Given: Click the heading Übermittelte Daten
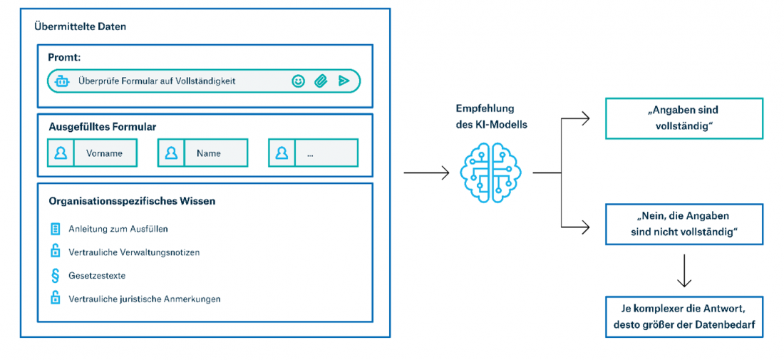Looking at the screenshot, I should click(81, 26).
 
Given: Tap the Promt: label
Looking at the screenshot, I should click(64, 57).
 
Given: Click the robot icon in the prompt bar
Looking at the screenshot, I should click(62, 81).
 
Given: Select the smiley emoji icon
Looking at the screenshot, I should click(299, 81).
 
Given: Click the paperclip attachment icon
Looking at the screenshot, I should click(321, 81).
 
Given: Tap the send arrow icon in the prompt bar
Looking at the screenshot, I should click(344, 81).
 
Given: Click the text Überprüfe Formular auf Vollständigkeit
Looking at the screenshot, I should click(157, 81).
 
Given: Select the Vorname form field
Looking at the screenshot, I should click(104, 153).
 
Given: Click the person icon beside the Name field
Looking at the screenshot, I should click(171, 153).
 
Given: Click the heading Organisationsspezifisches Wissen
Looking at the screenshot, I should click(132, 201).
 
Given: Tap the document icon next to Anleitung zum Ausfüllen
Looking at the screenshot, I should click(55, 229).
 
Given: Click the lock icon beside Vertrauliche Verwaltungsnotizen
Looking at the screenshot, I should click(55, 252).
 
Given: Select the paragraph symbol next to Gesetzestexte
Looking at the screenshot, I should click(55, 275).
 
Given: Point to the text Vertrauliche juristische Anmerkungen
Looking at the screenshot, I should click(145, 299).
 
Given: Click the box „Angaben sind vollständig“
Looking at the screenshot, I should click(684, 118).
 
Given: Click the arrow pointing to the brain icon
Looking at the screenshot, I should click(426, 173).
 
